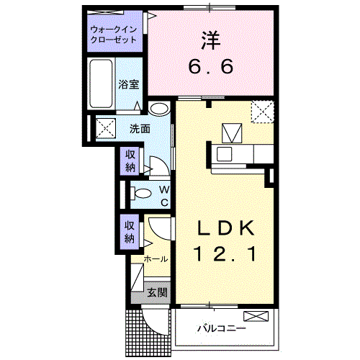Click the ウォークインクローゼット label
click(x=113, y=35)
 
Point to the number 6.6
click(x=212, y=67)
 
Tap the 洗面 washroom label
click(x=140, y=130)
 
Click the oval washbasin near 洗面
click(x=160, y=109)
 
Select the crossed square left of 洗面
click(x=105, y=130)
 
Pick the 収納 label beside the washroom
click(x=130, y=161)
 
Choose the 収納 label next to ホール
click(x=130, y=230)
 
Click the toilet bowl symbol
click(x=143, y=193)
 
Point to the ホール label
click(x=156, y=258)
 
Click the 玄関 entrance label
click(x=158, y=292)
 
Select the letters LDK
click(x=226, y=229)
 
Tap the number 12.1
click(x=225, y=253)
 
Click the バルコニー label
click(x=222, y=328)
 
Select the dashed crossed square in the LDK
click(x=262, y=112)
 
